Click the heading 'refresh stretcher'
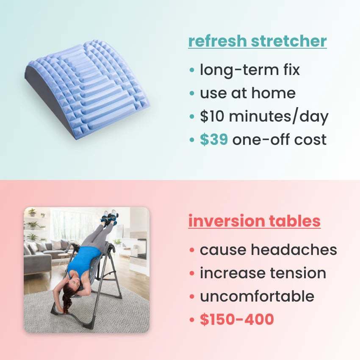(257, 42)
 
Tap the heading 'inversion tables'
(254, 221)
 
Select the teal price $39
(214, 139)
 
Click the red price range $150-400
(237, 320)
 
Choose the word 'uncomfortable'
(257, 296)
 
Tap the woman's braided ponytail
(67, 302)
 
